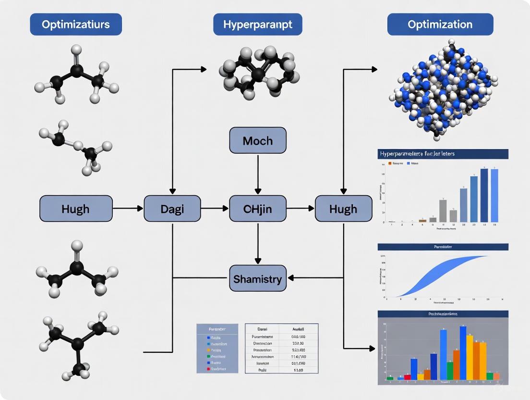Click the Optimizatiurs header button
click(x=76, y=25)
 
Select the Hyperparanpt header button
click(x=258, y=25)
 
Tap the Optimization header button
click(x=440, y=25)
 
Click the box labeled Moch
click(x=258, y=140)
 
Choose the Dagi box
click(x=172, y=209)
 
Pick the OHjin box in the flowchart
click(x=258, y=209)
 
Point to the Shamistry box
click(x=258, y=278)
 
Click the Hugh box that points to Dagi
click(x=76, y=209)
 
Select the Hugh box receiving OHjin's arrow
click(x=343, y=209)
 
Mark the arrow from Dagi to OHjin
click(x=215, y=209)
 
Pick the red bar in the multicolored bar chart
click(x=408, y=377)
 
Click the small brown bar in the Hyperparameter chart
click(x=422, y=221)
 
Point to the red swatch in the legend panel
click(x=208, y=369)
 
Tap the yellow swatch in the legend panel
click(x=208, y=350)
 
